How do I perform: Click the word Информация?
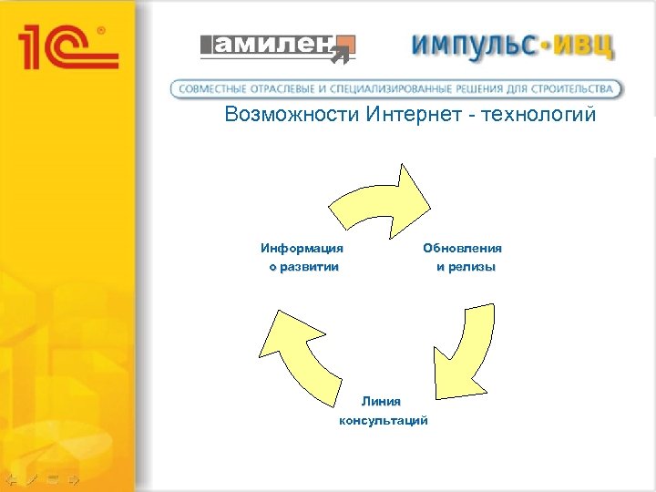coord(302,248)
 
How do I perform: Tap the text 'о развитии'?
coord(303,267)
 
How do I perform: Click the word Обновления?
coord(462,248)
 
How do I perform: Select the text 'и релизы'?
coord(466,267)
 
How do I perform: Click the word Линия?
coord(380,401)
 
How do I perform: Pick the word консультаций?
coord(383,420)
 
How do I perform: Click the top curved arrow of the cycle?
coord(383,196)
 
